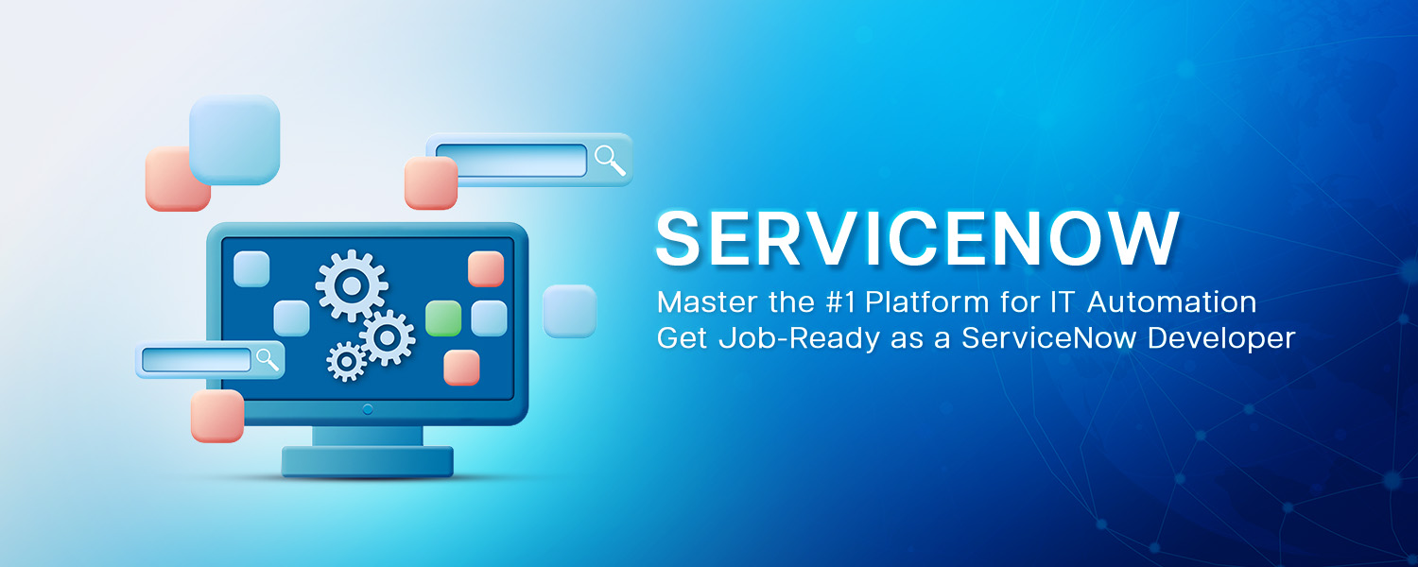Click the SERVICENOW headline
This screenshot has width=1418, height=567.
pos(917,239)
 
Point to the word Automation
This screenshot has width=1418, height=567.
pos(1172,301)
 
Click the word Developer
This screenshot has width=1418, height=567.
pos(1221,338)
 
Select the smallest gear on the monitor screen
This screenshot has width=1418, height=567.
pos(346,361)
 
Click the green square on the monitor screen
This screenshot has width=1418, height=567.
pos(443,318)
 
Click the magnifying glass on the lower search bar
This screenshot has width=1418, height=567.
pos(268,359)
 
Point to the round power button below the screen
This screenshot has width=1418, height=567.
pos(368,409)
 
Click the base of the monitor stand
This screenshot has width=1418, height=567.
pos(367,461)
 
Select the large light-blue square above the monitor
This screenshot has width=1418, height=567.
pos(234,140)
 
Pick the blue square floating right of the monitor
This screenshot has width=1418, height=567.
pos(570,311)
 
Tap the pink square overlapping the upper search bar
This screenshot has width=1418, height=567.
pos(431,183)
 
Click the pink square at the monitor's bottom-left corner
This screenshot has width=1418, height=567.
pos(217,416)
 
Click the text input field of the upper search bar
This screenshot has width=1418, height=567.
pos(511,160)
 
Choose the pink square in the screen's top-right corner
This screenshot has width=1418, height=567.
pos(486,269)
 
